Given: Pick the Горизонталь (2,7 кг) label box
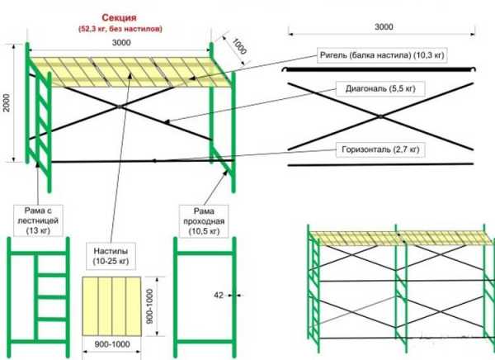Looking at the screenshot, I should pyautogui.click(x=379, y=150).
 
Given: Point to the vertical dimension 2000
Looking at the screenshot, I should pyautogui.click(x=7, y=102).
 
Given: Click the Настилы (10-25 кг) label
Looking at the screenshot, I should pyautogui.click(x=110, y=253).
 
